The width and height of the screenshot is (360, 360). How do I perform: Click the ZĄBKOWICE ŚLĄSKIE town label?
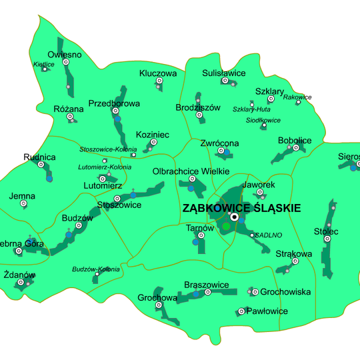click(x=241, y=208)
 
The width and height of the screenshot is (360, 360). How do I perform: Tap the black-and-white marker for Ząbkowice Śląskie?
click(x=234, y=217)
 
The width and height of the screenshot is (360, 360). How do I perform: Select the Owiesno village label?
click(x=65, y=55)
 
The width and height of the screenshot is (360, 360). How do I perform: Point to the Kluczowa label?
click(x=158, y=73)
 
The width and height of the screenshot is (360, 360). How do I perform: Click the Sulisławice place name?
click(x=224, y=73)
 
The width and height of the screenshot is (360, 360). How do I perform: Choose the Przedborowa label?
click(x=114, y=103)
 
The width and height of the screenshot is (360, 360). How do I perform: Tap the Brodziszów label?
click(x=198, y=107)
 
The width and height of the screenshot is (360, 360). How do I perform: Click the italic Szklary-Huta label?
click(x=251, y=109)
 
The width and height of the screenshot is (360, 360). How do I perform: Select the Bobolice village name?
click(x=295, y=140)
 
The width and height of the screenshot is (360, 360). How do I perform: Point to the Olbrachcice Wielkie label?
click(x=191, y=171)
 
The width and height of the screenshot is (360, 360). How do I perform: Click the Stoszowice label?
click(x=119, y=205)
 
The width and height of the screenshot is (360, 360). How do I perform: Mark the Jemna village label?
click(x=22, y=196)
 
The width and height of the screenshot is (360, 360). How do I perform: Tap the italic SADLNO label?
click(x=269, y=235)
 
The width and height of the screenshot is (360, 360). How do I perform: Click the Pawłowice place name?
click(x=267, y=311)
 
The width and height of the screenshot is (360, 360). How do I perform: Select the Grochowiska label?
click(x=285, y=292)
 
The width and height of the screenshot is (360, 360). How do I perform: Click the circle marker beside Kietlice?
click(x=45, y=69)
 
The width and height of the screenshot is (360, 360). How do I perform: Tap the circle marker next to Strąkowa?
click(x=295, y=261)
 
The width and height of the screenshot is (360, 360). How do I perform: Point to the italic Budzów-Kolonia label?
click(x=96, y=269)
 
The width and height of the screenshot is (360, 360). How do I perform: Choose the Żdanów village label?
click(x=19, y=275)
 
